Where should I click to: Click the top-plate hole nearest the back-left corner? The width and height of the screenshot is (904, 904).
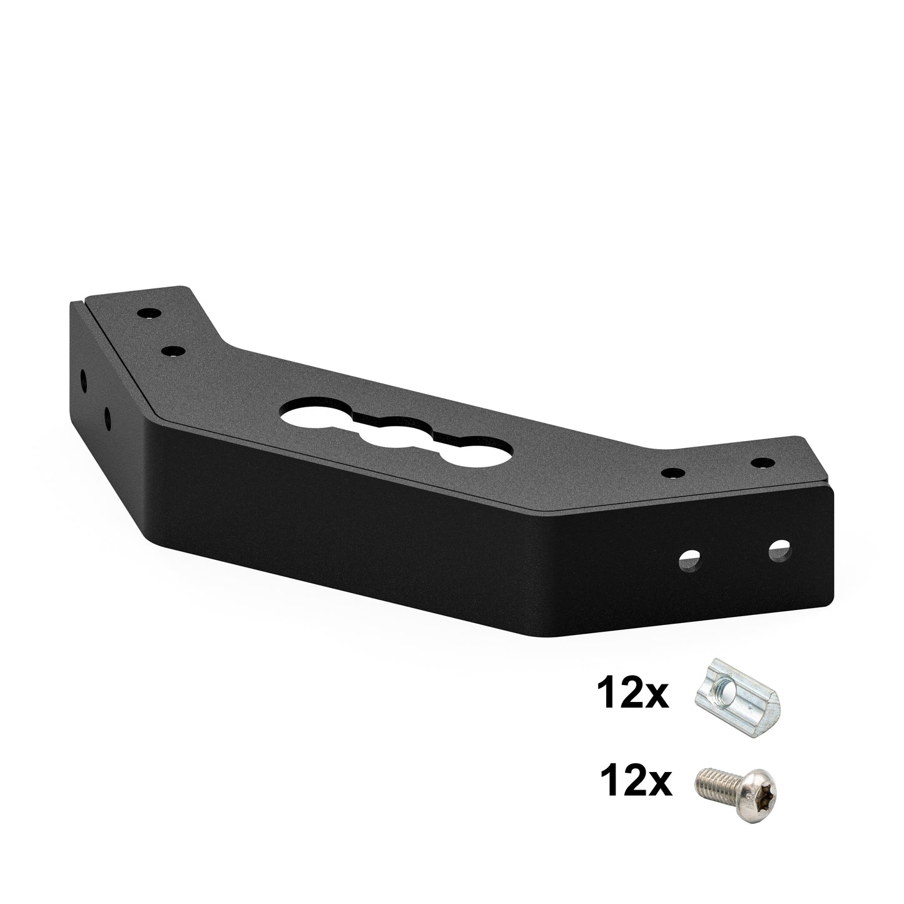[149, 312]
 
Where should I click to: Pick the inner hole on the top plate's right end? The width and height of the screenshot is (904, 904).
[673, 472]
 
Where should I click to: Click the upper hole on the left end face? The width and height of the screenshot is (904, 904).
[83, 380]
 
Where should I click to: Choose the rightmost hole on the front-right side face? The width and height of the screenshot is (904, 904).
[779, 550]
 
